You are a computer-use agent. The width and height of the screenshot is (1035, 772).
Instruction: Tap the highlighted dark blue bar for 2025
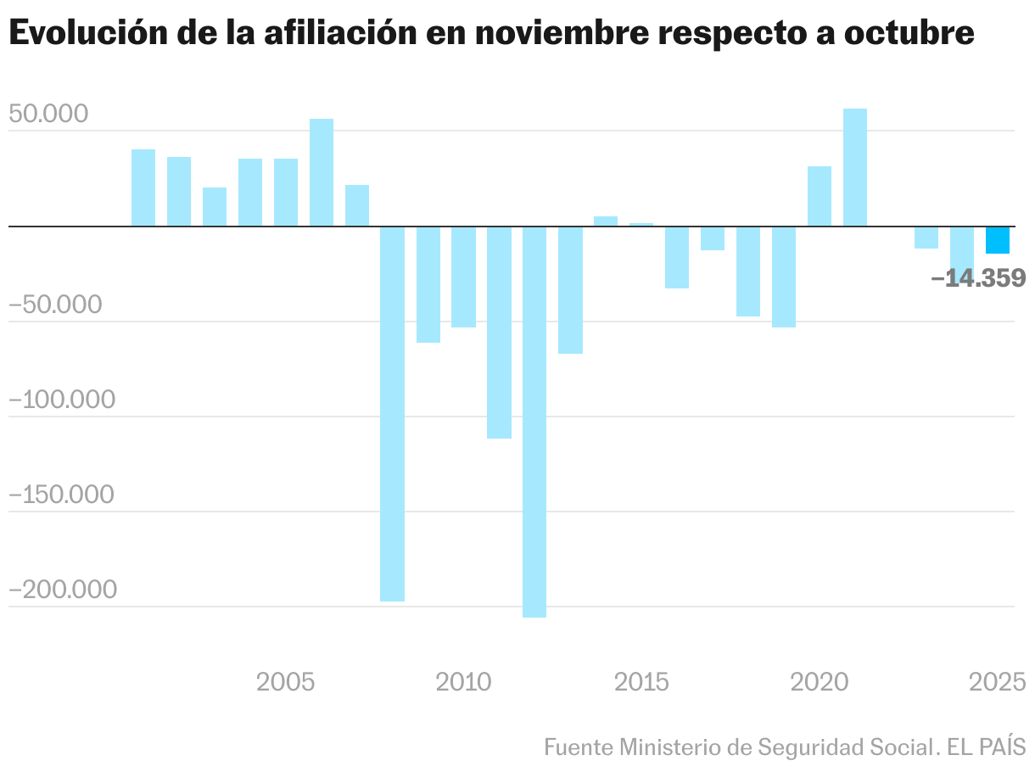997,240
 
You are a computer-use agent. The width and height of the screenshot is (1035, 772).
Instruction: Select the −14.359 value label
978,278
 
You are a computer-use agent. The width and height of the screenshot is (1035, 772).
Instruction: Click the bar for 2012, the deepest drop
534,422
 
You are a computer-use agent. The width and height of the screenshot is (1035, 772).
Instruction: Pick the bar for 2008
392,414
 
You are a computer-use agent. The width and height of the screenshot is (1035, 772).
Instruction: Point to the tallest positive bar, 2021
855,167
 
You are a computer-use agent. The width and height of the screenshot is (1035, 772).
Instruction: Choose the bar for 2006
322,172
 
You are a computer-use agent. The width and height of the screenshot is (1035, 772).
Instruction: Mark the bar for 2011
499,333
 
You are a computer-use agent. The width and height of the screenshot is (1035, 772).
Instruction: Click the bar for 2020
820,196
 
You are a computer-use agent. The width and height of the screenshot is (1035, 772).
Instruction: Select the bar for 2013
570,290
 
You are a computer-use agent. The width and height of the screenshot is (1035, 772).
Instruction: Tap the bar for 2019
784,277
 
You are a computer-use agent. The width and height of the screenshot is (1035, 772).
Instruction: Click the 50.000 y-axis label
48,115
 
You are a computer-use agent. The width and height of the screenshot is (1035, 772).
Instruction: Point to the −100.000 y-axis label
61,400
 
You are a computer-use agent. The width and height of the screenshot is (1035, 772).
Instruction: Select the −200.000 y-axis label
61,590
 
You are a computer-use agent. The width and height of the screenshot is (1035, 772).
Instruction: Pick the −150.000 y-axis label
61,495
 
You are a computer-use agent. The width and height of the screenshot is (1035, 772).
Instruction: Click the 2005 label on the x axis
285,682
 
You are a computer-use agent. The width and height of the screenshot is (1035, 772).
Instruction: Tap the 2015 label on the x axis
642,682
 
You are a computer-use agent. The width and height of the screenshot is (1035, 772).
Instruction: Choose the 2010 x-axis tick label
463,682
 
